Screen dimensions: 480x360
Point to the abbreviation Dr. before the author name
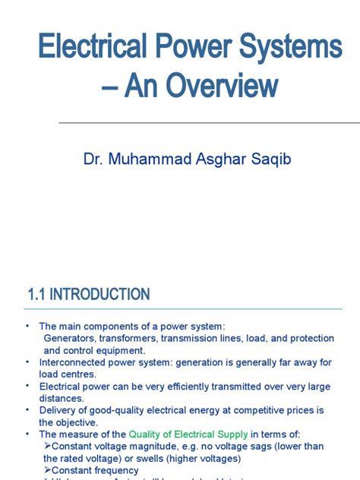click(x=93, y=159)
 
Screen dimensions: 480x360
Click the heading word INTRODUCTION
click(x=102, y=294)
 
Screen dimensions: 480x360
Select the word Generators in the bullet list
click(x=68, y=337)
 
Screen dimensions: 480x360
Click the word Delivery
click(x=58, y=410)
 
